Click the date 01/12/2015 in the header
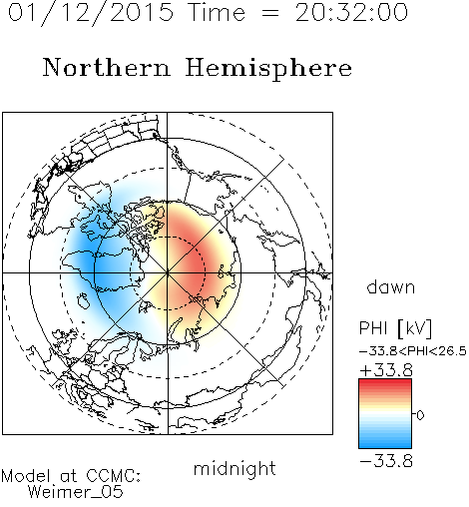[91, 13]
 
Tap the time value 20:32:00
[351, 12]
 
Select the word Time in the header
[217, 12]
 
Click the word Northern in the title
[107, 67]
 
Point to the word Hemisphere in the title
[268, 69]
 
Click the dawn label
[391, 286]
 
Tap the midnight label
[234, 469]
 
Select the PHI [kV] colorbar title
[395, 328]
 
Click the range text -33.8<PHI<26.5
[413, 351]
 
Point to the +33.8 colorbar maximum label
[386, 370]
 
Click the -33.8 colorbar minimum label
[386, 461]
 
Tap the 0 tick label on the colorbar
[420, 415]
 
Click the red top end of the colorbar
[385, 381]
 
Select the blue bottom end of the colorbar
[385, 445]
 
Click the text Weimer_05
[76, 492]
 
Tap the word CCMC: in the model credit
[114, 476]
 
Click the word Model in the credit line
[26, 476]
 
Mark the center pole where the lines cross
[168, 273]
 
